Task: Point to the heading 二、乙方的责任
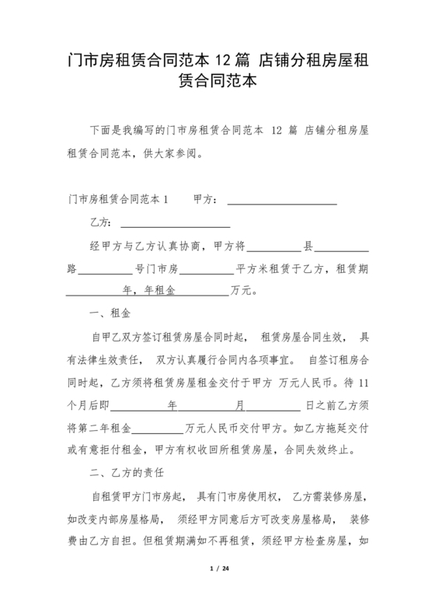(123, 472)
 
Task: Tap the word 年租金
(160, 292)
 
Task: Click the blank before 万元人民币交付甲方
(161, 427)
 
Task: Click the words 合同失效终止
(321, 450)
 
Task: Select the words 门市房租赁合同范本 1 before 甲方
(118, 200)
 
